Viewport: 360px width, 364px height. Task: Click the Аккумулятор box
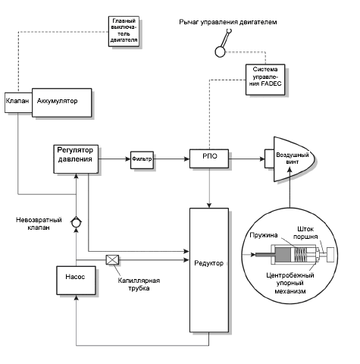(62, 102)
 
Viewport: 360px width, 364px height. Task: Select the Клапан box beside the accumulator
(18, 102)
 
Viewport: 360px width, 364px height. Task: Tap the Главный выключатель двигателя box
(124, 31)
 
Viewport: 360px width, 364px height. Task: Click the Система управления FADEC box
(265, 80)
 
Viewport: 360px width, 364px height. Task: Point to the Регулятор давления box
(76, 159)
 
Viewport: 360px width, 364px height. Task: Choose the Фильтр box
(142, 160)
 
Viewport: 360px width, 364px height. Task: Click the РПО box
(209, 158)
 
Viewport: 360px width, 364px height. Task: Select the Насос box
(76, 281)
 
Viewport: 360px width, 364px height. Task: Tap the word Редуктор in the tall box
(209, 263)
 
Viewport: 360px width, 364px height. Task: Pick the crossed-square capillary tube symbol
(112, 260)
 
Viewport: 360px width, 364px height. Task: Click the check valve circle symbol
(76, 223)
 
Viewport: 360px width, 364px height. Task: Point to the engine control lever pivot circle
(220, 52)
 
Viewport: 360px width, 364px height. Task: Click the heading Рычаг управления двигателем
(228, 22)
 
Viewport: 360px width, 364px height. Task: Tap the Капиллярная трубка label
(139, 284)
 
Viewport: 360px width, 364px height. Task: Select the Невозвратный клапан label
(39, 224)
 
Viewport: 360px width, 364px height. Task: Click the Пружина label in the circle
(264, 235)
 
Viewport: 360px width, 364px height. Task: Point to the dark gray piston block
(283, 254)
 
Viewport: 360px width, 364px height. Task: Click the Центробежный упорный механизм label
(290, 283)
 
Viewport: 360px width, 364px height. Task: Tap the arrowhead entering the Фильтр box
(128, 159)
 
